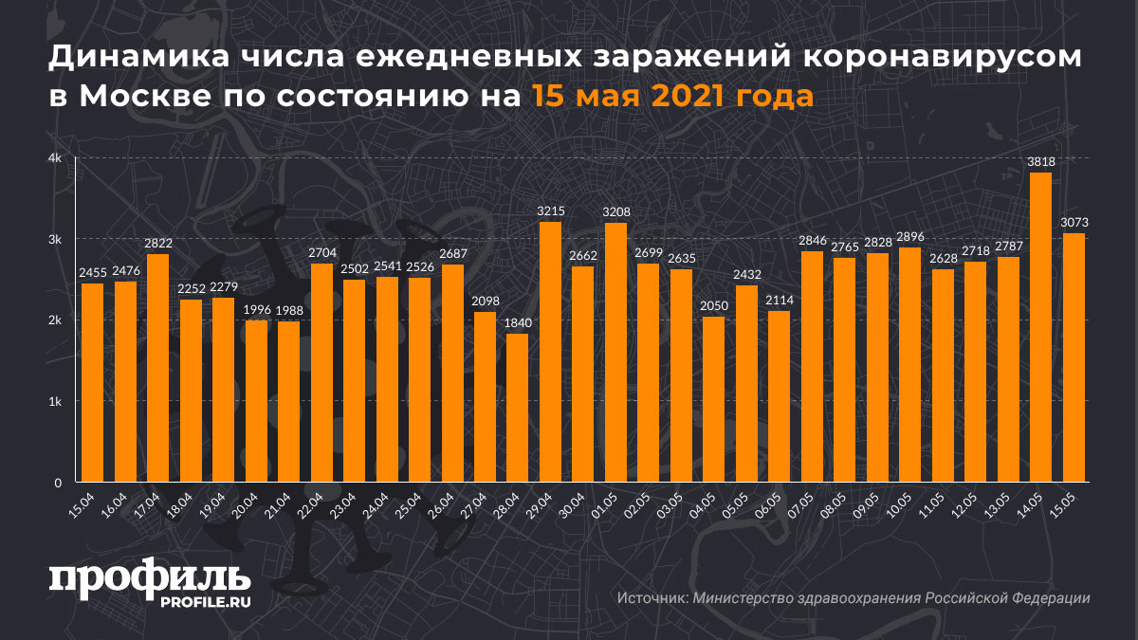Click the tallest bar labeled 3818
pos(1040,327)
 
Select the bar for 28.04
pos(517,408)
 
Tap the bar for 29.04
pos(550,352)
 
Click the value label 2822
pos(157,244)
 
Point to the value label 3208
pos(615,211)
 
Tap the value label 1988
pos(288,311)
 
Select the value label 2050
pos(713,306)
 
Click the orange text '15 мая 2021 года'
pos(671,97)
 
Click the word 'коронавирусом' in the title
pos(943,59)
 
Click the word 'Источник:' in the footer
pos(652,598)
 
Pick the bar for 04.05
pos(713,399)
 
